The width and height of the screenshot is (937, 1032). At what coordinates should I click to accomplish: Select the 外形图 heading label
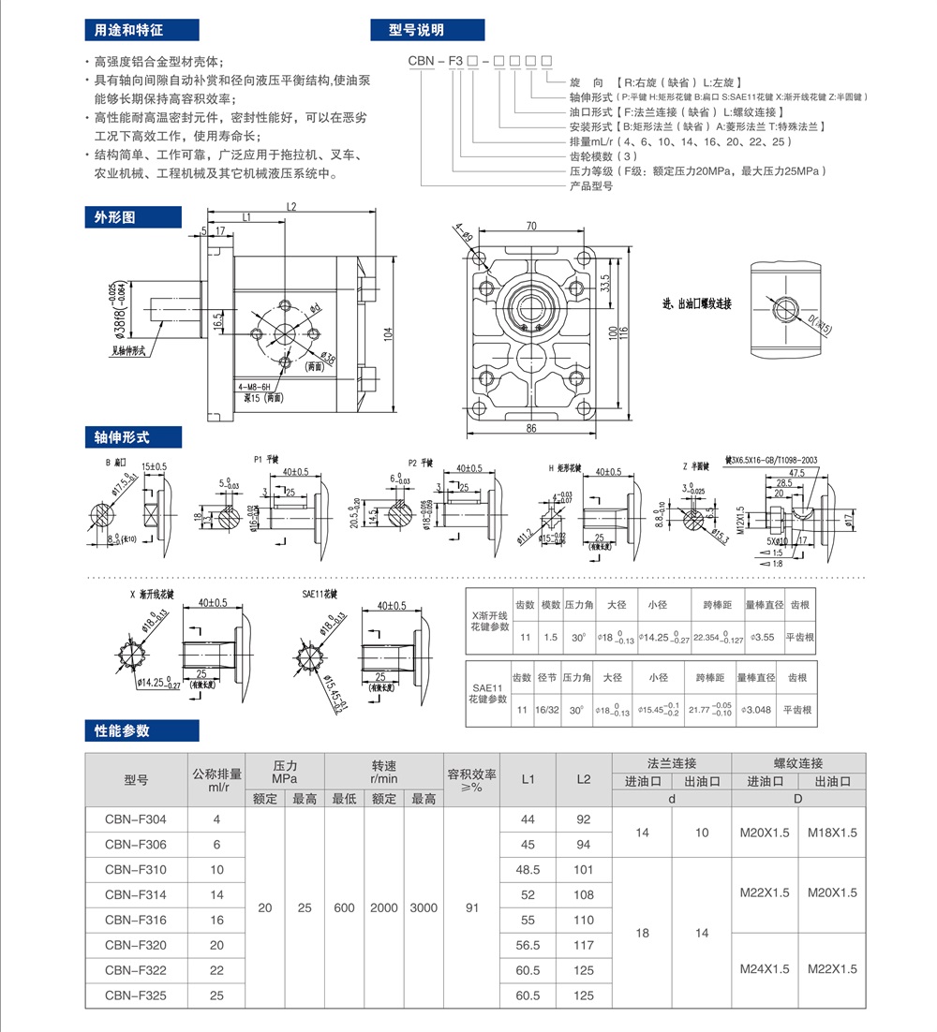114,217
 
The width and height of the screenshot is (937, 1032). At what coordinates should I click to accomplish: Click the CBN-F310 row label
136,870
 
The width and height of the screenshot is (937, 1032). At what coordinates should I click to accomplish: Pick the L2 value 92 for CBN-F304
584,819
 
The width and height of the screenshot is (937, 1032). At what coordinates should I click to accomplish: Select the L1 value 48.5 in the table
528,870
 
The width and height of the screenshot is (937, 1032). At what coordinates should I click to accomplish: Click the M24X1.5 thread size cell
765,969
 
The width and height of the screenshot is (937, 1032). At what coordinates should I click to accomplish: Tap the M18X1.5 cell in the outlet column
831,833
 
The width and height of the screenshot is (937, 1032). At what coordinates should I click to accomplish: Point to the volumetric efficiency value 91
472,907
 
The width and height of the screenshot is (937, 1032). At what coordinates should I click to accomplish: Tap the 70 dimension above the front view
531,226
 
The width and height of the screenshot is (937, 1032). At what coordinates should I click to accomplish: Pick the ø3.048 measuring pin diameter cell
757,710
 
